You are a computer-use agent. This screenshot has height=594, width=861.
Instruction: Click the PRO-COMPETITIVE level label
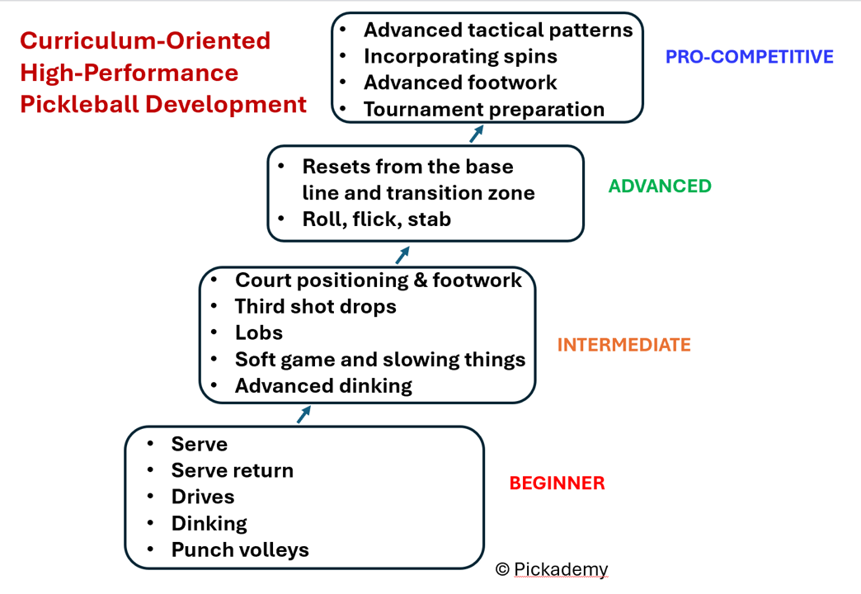(749, 57)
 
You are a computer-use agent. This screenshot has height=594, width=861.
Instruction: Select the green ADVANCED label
(660, 186)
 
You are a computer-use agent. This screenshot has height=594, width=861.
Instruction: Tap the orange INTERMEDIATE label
(623, 345)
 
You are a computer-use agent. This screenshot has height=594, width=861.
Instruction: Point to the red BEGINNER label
(557, 483)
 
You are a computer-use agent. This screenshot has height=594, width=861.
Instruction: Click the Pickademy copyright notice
(552, 569)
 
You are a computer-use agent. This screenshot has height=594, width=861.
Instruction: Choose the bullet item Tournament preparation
(483, 109)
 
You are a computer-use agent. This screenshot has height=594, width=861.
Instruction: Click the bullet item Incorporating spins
(460, 56)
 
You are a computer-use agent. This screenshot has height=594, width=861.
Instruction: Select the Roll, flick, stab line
(376, 219)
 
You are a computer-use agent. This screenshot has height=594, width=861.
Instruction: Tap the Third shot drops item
(315, 307)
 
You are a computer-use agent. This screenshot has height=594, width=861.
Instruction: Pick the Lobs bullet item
(258, 333)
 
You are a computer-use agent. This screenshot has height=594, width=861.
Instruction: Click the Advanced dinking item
(323, 385)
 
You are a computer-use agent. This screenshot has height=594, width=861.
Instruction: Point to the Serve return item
(232, 470)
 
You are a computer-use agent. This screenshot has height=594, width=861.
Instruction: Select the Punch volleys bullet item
(240, 549)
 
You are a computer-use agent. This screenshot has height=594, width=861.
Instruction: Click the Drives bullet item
(203, 497)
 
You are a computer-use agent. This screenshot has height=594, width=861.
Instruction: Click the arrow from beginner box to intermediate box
(303, 414)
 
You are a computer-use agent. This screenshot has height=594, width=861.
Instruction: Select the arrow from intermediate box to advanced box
(402, 254)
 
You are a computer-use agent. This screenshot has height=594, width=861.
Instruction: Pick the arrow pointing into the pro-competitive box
(476, 134)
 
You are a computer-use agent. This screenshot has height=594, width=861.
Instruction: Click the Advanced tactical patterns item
(498, 31)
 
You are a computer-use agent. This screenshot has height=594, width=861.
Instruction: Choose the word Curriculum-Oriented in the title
(145, 40)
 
